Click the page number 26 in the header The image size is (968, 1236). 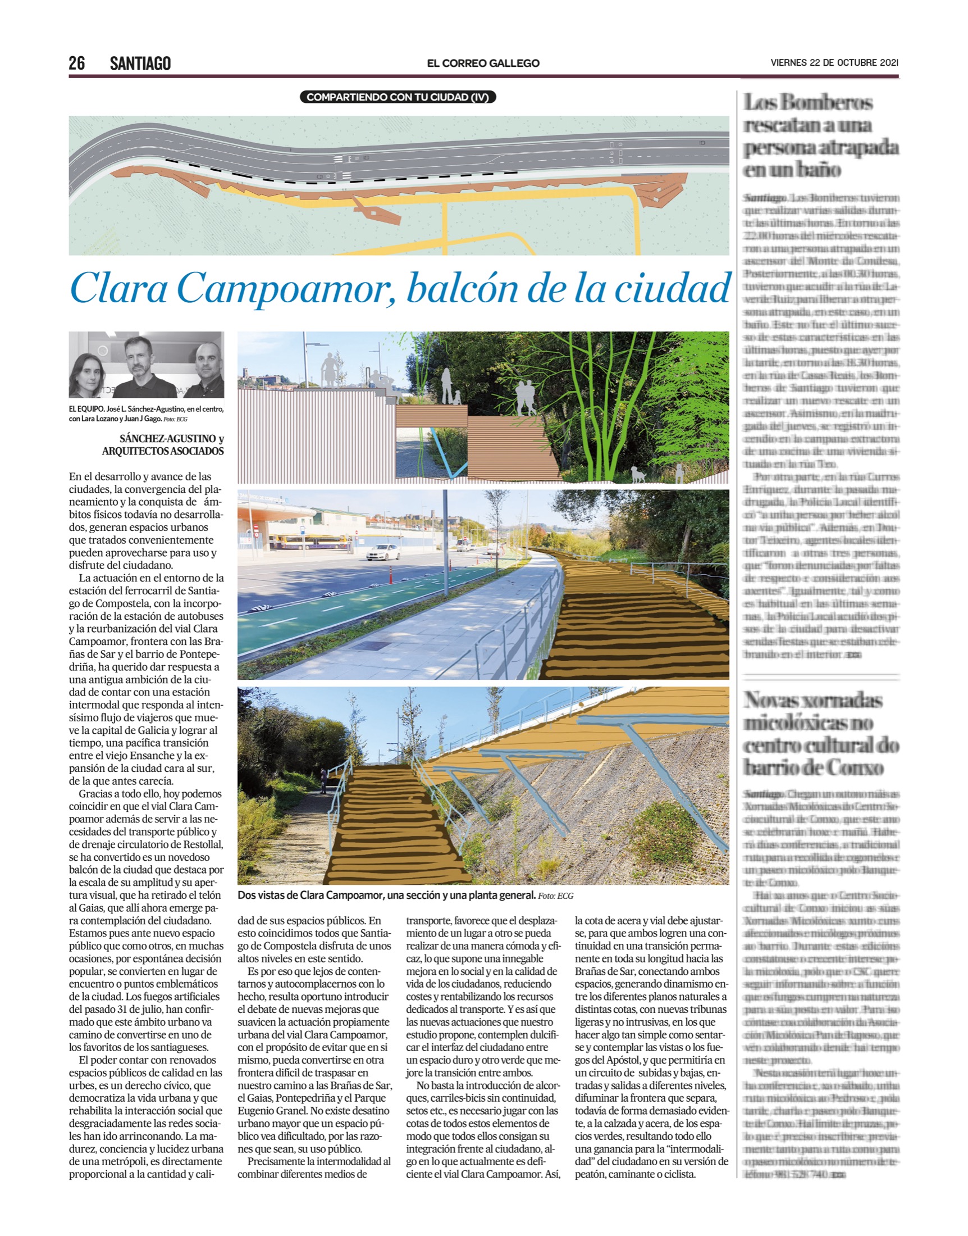pos(76,63)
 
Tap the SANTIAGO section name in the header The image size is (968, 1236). pos(140,63)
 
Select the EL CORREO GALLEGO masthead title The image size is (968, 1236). pos(483,63)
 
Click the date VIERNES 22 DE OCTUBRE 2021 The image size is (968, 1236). pos(834,63)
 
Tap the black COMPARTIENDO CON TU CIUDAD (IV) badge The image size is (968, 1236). pos(398,98)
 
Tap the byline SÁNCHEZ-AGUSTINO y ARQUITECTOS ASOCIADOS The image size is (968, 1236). pos(163,445)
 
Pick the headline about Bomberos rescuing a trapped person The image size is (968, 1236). pos(821,136)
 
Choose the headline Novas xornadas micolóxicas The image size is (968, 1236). pos(821,734)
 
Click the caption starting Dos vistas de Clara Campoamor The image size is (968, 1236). pos(405,896)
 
